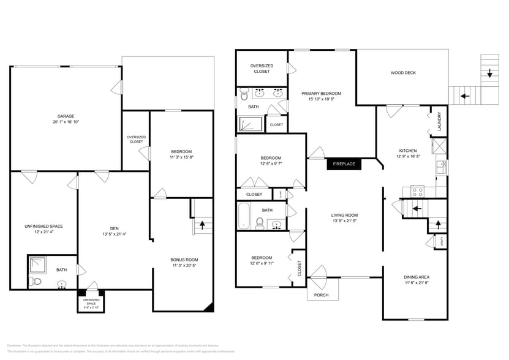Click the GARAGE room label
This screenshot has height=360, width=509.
[66, 116]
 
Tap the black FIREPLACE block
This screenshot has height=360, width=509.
[344, 164]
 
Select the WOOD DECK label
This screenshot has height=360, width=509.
[403, 73]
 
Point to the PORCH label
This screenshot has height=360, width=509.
[321, 295]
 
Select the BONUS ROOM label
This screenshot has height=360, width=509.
[184, 260]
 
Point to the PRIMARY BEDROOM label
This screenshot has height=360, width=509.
[321, 94]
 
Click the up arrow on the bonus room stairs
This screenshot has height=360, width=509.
[202, 225]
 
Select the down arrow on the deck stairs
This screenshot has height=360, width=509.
[490, 73]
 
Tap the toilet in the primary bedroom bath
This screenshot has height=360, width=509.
[244, 95]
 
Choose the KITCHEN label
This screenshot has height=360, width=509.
[408, 151]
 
